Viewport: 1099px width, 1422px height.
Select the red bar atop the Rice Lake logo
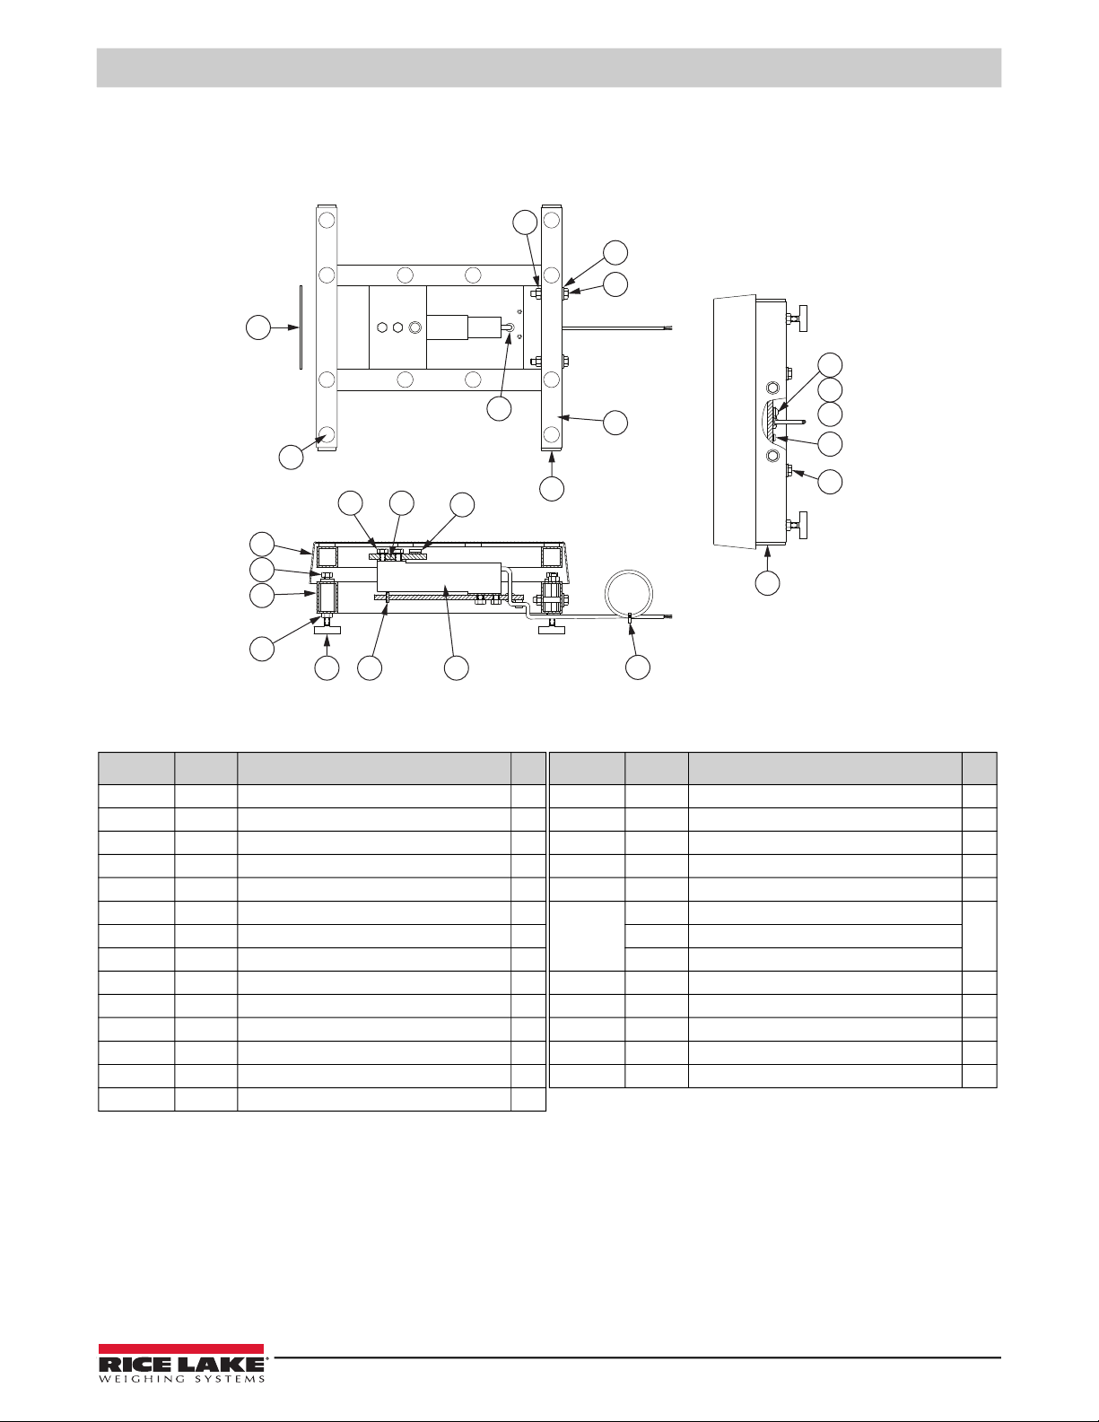(x=181, y=1349)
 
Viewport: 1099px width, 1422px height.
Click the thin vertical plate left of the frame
(x=301, y=327)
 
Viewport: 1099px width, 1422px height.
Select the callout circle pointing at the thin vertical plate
(x=258, y=327)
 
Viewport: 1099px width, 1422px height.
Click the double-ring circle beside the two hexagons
(x=414, y=327)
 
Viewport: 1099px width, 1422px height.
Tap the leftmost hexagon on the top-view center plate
(x=382, y=327)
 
